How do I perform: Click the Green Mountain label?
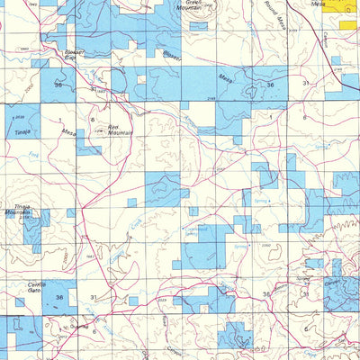click(188, 7)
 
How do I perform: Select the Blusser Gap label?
click(75, 56)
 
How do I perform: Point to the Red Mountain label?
click(120, 130)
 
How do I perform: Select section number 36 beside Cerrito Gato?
click(58, 297)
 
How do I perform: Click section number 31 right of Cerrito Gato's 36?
click(94, 297)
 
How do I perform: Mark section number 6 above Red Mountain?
click(92, 119)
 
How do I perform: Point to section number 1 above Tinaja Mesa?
click(60, 119)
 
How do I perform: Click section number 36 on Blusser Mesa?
click(270, 84)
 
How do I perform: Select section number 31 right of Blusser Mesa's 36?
click(305, 84)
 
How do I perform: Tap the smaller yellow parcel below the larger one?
click(350, 22)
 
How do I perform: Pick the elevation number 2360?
click(265, 245)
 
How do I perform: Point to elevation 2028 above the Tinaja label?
click(20, 116)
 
